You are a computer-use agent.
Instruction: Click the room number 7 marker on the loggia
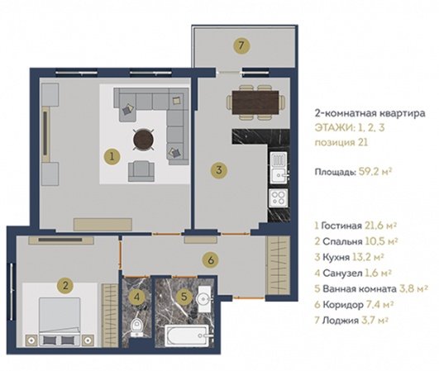coord(241,45)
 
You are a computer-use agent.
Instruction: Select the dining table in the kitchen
coord(255,102)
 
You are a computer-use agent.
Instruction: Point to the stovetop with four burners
coord(278,197)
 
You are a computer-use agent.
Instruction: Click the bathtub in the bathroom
coord(187,335)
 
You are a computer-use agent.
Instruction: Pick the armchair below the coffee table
coord(141,171)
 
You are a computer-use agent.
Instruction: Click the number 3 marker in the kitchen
coord(219,170)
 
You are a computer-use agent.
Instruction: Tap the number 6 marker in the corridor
coord(211,260)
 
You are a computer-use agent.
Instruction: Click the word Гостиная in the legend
coord(341,226)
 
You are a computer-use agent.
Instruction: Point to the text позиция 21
coord(341,142)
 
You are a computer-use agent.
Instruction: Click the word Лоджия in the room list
coord(341,320)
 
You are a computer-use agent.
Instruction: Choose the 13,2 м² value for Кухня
coord(368,257)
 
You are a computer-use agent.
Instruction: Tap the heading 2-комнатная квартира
coord(370,113)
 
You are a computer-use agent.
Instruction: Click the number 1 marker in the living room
coord(112,156)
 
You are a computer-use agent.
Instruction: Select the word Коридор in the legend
coord(343,304)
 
